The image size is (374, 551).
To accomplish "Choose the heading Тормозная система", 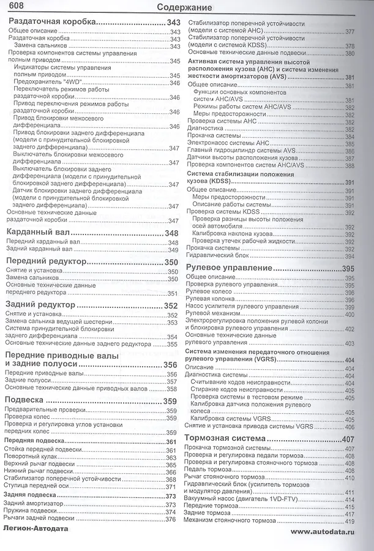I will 225,439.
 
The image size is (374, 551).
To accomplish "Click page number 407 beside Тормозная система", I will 348,440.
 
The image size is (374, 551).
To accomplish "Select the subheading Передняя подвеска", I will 34,441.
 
